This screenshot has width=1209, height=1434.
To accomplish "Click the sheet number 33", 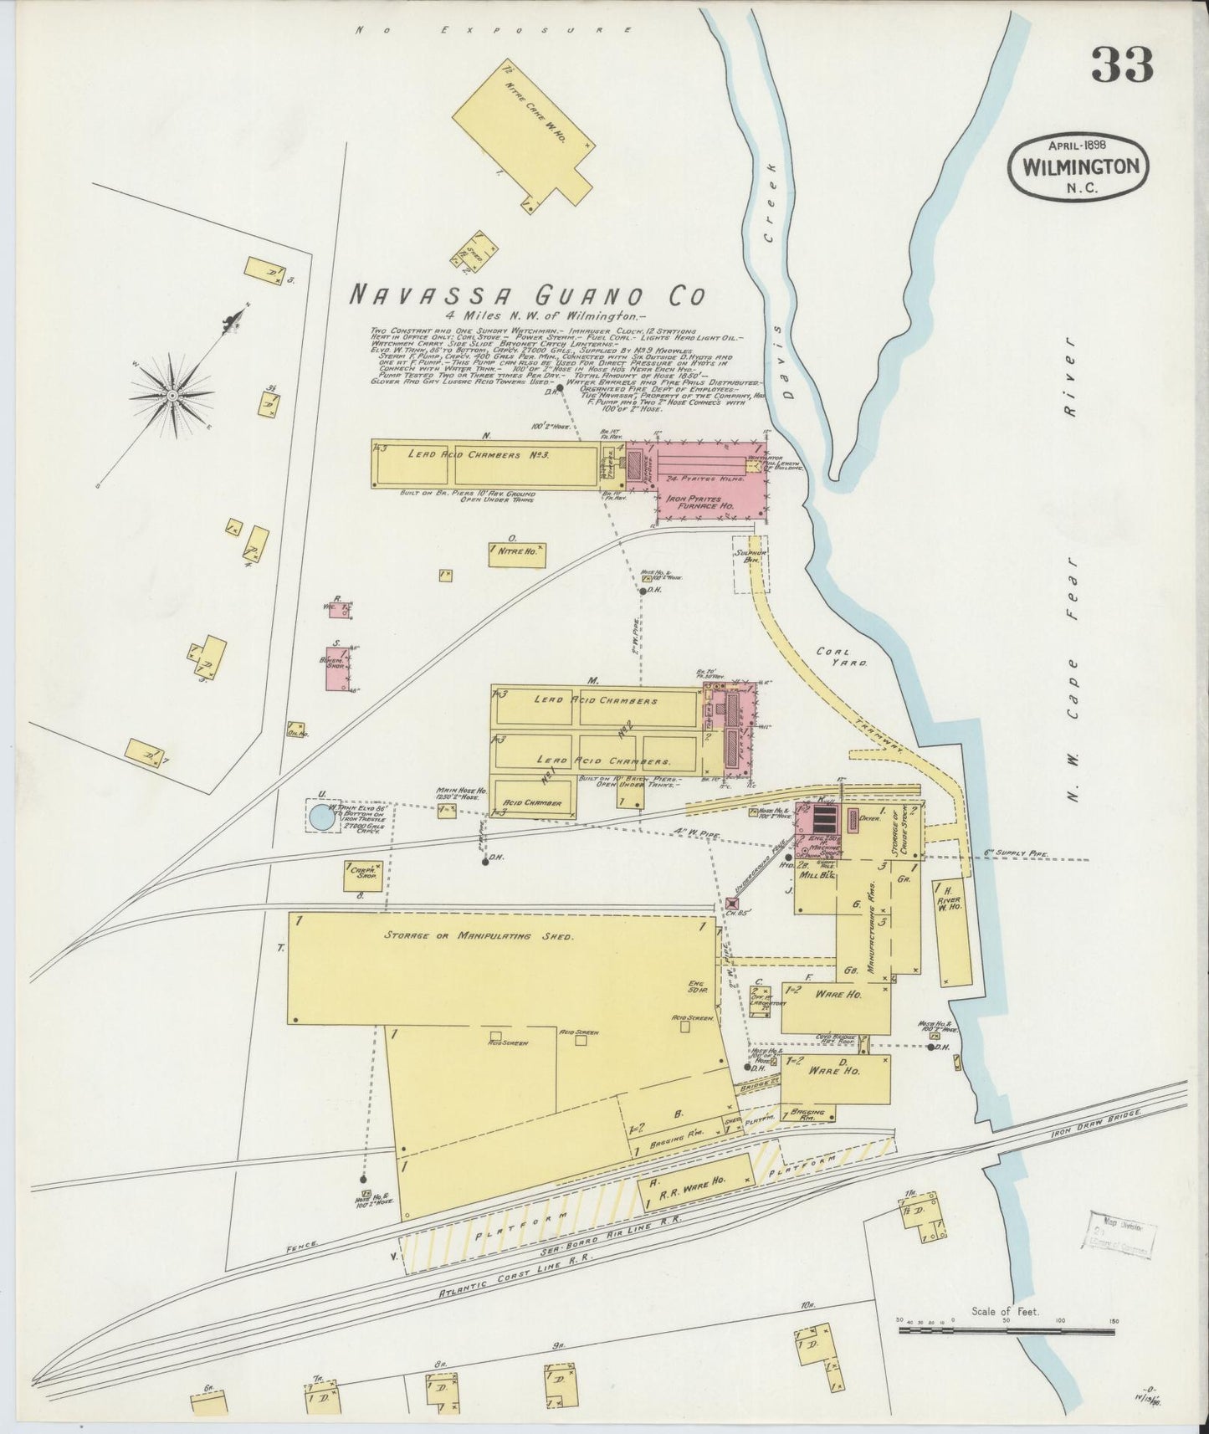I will (x=1123, y=64).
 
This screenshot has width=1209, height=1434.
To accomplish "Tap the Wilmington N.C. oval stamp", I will (x=1080, y=166).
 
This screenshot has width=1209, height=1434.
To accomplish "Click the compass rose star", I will (x=172, y=394).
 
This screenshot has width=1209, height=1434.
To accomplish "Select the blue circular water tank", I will (x=320, y=817).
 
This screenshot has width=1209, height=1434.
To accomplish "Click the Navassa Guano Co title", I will (x=526, y=295).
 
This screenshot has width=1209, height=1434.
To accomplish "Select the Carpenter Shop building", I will (x=363, y=876).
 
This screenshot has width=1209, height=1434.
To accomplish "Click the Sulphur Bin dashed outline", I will (x=751, y=565).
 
